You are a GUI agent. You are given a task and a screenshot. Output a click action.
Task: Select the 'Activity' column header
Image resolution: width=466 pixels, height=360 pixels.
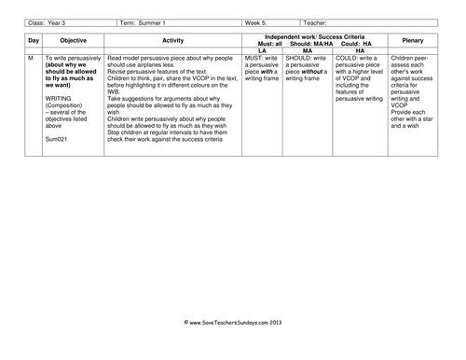172,42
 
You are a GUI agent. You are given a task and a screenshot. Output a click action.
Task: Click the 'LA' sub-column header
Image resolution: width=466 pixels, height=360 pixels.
262,50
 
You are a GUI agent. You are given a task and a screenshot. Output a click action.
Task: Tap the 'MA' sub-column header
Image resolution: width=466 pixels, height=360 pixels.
308,50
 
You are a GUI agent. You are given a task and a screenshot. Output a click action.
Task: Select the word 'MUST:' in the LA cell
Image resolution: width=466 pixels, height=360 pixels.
254,59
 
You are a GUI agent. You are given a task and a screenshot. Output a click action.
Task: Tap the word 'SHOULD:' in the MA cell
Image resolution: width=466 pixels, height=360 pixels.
301,59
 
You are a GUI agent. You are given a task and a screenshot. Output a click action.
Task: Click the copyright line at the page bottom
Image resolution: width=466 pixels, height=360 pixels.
232,348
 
